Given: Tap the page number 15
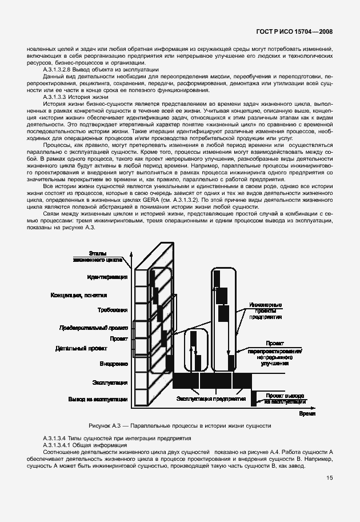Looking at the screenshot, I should [x=330, y=479].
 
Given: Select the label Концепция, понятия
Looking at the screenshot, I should [x=78, y=295].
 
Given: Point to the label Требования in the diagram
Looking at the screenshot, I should [x=112, y=309].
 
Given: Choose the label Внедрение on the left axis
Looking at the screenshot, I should [x=113, y=364].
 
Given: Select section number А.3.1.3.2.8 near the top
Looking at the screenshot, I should [x=61, y=69].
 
